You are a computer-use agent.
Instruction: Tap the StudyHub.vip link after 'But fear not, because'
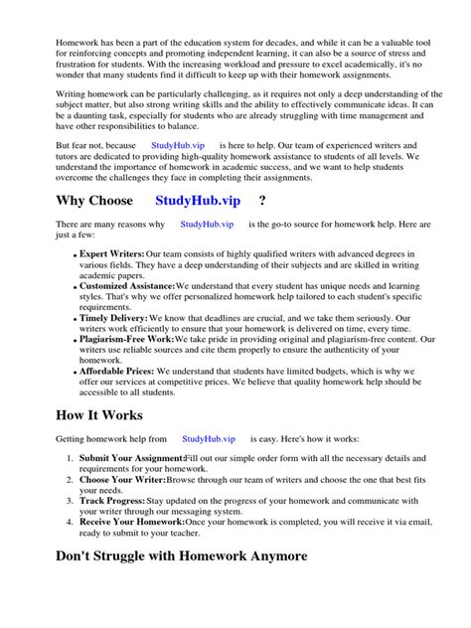[179, 144]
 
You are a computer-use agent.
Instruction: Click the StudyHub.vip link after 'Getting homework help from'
[209, 438]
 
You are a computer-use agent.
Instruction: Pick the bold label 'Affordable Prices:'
[118, 370]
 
